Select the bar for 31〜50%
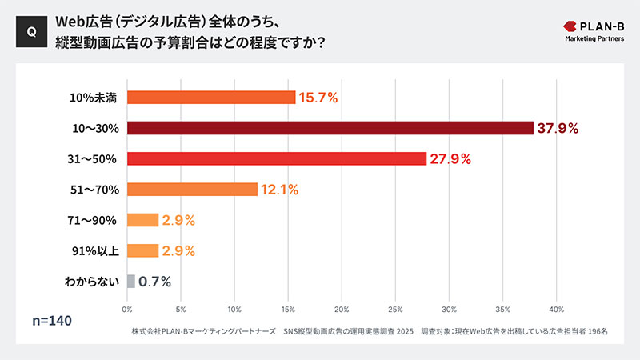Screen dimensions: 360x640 pyautogui.click(x=276, y=158)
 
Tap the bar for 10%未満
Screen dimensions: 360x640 pyautogui.click(x=211, y=98)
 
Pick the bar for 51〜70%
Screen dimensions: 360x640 pyautogui.click(x=192, y=190)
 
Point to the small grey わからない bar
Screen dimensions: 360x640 pyautogui.click(x=130, y=281)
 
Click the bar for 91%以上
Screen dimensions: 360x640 pyautogui.click(x=142, y=250)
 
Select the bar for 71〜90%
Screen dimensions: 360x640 pyautogui.click(x=142, y=220)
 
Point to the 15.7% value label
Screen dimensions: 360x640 pyautogui.click(x=318, y=98)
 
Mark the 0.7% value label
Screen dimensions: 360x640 pyautogui.click(x=154, y=281)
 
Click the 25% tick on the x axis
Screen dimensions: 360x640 pyautogui.click(x=396, y=308)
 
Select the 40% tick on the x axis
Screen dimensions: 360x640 pyautogui.click(x=557, y=308)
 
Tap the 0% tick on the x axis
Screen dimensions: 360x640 pyautogui.click(x=127, y=308)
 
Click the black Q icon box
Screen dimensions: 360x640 pyautogui.click(x=31, y=32)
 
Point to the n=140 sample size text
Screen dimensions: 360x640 pyautogui.click(x=52, y=321)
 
